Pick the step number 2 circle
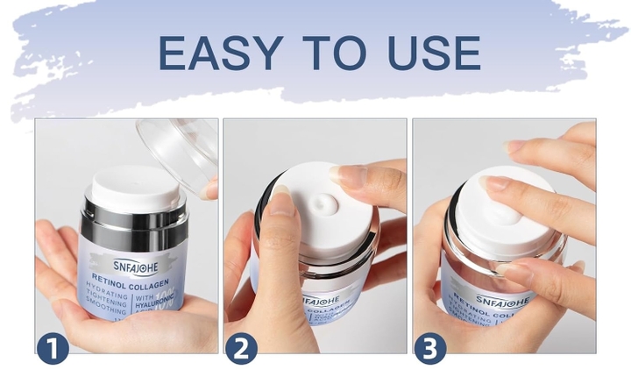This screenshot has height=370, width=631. pyautogui.click(x=242, y=347)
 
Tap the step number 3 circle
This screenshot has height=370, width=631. pyautogui.click(x=430, y=347)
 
